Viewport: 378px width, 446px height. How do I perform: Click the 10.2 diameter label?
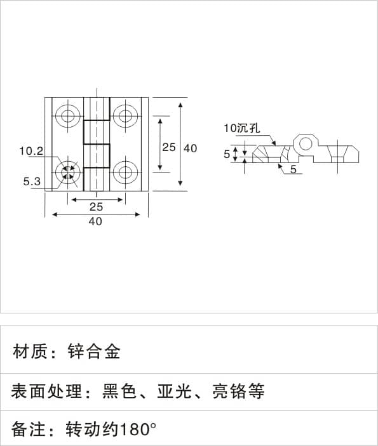[x=31, y=151]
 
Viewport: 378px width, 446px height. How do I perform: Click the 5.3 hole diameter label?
[x=32, y=181]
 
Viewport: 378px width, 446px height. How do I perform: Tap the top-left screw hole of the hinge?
[x=68, y=115]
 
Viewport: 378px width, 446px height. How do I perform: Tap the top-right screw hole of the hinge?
[x=125, y=115]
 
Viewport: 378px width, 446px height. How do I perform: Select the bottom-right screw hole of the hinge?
[x=125, y=172]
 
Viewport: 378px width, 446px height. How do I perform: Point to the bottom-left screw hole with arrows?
[x=68, y=172]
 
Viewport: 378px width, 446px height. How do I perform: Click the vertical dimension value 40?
[x=190, y=148]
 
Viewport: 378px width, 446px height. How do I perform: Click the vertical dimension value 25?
[x=169, y=147]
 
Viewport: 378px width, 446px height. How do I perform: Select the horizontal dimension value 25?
[x=97, y=207]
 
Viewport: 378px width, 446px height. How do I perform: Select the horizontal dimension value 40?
[x=95, y=221]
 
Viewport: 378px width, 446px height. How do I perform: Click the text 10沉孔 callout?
[x=242, y=128]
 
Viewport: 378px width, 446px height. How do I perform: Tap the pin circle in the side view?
[x=305, y=143]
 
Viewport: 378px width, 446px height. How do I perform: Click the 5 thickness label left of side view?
[x=227, y=154]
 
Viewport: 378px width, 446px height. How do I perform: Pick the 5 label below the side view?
[x=294, y=169]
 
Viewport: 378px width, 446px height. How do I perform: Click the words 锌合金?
[x=94, y=351]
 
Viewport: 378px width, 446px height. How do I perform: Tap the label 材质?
[x=30, y=351]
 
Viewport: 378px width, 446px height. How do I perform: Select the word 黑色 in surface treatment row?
[x=119, y=391]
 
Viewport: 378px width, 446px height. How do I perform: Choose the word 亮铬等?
[x=239, y=391]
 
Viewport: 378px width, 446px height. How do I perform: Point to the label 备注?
[x=28, y=430]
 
